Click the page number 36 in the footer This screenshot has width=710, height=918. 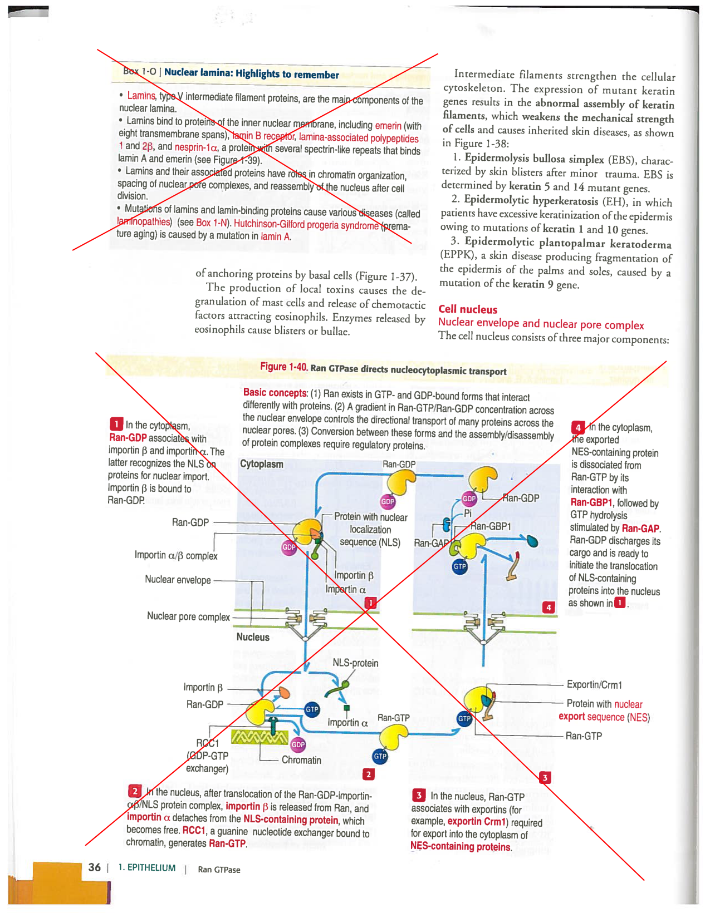(95, 867)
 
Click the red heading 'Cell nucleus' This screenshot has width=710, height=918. (467, 309)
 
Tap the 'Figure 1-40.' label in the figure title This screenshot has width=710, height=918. (283, 367)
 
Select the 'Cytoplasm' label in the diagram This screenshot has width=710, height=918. (261, 464)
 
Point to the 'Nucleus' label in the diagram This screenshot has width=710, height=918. (252, 637)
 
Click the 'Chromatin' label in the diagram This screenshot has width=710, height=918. (301, 760)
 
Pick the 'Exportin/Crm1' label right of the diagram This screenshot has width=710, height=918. (594, 685)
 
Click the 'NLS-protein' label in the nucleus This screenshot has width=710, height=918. (355, 663)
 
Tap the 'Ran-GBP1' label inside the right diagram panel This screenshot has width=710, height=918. (491, 526)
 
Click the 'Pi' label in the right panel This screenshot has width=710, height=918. (468, 513)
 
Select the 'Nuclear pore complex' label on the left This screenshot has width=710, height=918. (188, 616)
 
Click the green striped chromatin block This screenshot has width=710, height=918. (259, 737)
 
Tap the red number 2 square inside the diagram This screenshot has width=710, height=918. (368, 774)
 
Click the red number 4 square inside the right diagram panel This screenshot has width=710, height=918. (549, 607)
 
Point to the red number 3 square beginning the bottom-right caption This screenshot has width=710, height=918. (418, 795)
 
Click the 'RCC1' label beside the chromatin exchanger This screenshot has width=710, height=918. (208, 743)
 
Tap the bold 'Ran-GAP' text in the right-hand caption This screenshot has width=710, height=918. (640, 529)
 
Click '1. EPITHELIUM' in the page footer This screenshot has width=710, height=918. (146, 868)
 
